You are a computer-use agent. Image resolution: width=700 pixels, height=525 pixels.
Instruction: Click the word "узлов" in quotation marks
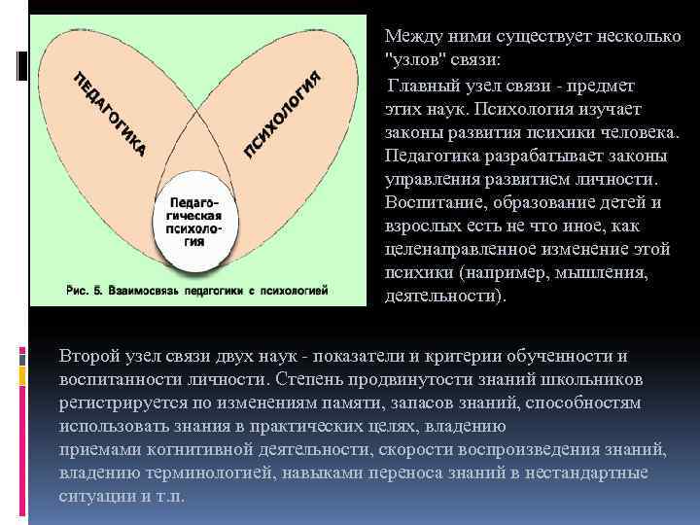(414, 59)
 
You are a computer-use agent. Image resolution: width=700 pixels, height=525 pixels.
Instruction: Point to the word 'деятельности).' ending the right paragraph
(445, 297)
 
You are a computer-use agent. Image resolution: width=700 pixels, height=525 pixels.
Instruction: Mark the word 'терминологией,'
(199, 472)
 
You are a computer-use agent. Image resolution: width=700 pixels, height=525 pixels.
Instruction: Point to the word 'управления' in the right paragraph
(431, 180)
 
